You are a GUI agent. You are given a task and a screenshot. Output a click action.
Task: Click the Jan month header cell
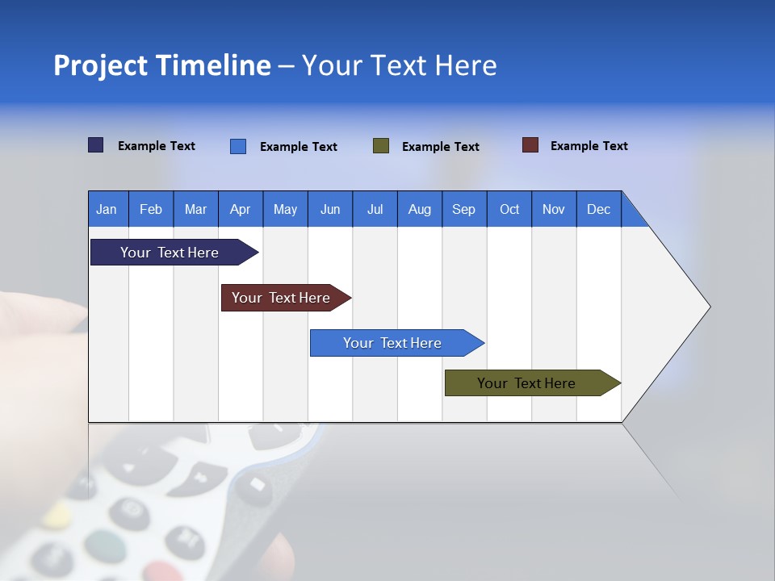click(x=107, y=209)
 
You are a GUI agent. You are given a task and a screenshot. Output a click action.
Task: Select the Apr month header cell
click(x=241, y=209)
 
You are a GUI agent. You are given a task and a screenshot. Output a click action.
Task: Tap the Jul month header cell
click(x=375, y=209)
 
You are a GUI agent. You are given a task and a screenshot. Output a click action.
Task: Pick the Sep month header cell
click(x=464, y=209)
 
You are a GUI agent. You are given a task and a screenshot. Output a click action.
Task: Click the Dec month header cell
click(x=598, y=209)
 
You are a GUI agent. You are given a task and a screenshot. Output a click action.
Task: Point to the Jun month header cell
click(x=330, y=209)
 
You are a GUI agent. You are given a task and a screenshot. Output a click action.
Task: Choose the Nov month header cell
click(x=554, y=209)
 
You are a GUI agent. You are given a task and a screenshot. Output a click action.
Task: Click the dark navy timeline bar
click(x=170, y=253)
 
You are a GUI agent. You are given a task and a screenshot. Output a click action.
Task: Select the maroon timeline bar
click(x=281, y=298)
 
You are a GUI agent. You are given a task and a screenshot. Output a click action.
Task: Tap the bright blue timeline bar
click(x=392, y=343)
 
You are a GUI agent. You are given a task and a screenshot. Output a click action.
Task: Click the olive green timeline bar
click(x=526, y=383)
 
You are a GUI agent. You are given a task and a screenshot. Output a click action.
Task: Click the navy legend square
click(x=96, y=145)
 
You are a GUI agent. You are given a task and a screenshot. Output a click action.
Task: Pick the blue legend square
click(x=238, y=146)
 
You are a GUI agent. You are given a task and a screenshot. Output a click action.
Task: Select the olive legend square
click(x=381, y=145)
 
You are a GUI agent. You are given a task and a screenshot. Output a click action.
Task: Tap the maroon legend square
click(x=530, y=145)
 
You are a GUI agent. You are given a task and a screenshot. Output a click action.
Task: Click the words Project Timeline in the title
click(x=161, y=65)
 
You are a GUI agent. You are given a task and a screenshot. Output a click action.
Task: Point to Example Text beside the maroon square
click(x=589, y=146)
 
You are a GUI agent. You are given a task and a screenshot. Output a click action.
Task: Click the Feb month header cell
click(x=151, y=209)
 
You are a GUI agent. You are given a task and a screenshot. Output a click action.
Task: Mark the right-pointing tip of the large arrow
click(x=708, y=307)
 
